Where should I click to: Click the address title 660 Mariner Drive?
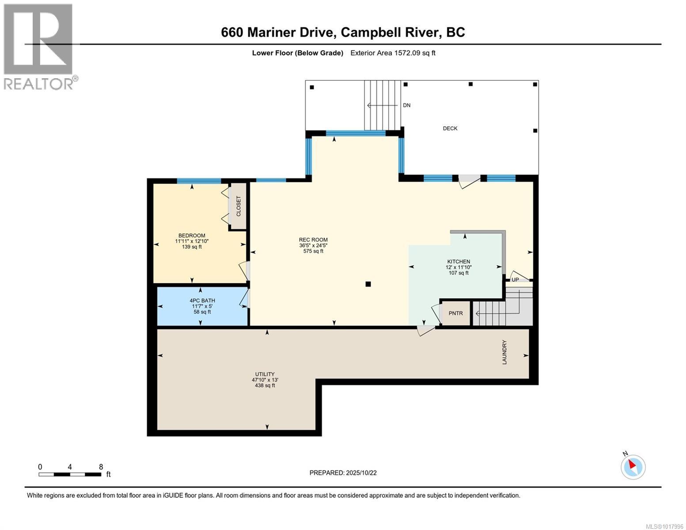[x=343, y=32]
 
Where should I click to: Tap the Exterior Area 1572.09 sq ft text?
[x=393, y=53]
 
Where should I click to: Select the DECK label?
[x=450, y=129]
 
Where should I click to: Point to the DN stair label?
[x=406, y=106]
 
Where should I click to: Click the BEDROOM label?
[x=192, y=235]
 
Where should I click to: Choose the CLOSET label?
[x=239, y=206]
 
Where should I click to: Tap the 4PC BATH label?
[x=202, y=301]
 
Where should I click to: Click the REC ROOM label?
[x=313, y=240]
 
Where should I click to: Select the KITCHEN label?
[x=459, y=261]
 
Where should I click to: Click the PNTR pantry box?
[x=456, y=313]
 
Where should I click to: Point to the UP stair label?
[x=515, y=280]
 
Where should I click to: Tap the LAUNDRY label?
[x=504, y=352]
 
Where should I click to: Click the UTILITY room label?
[x=265, y=374]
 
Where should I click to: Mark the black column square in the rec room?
[x=368, y=284]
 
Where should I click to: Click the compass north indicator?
[x=633, y=466]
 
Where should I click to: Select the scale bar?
[x=70, y=474]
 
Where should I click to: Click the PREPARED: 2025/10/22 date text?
[x=343, y=473]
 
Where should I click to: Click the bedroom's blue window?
[x=199, y=181]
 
